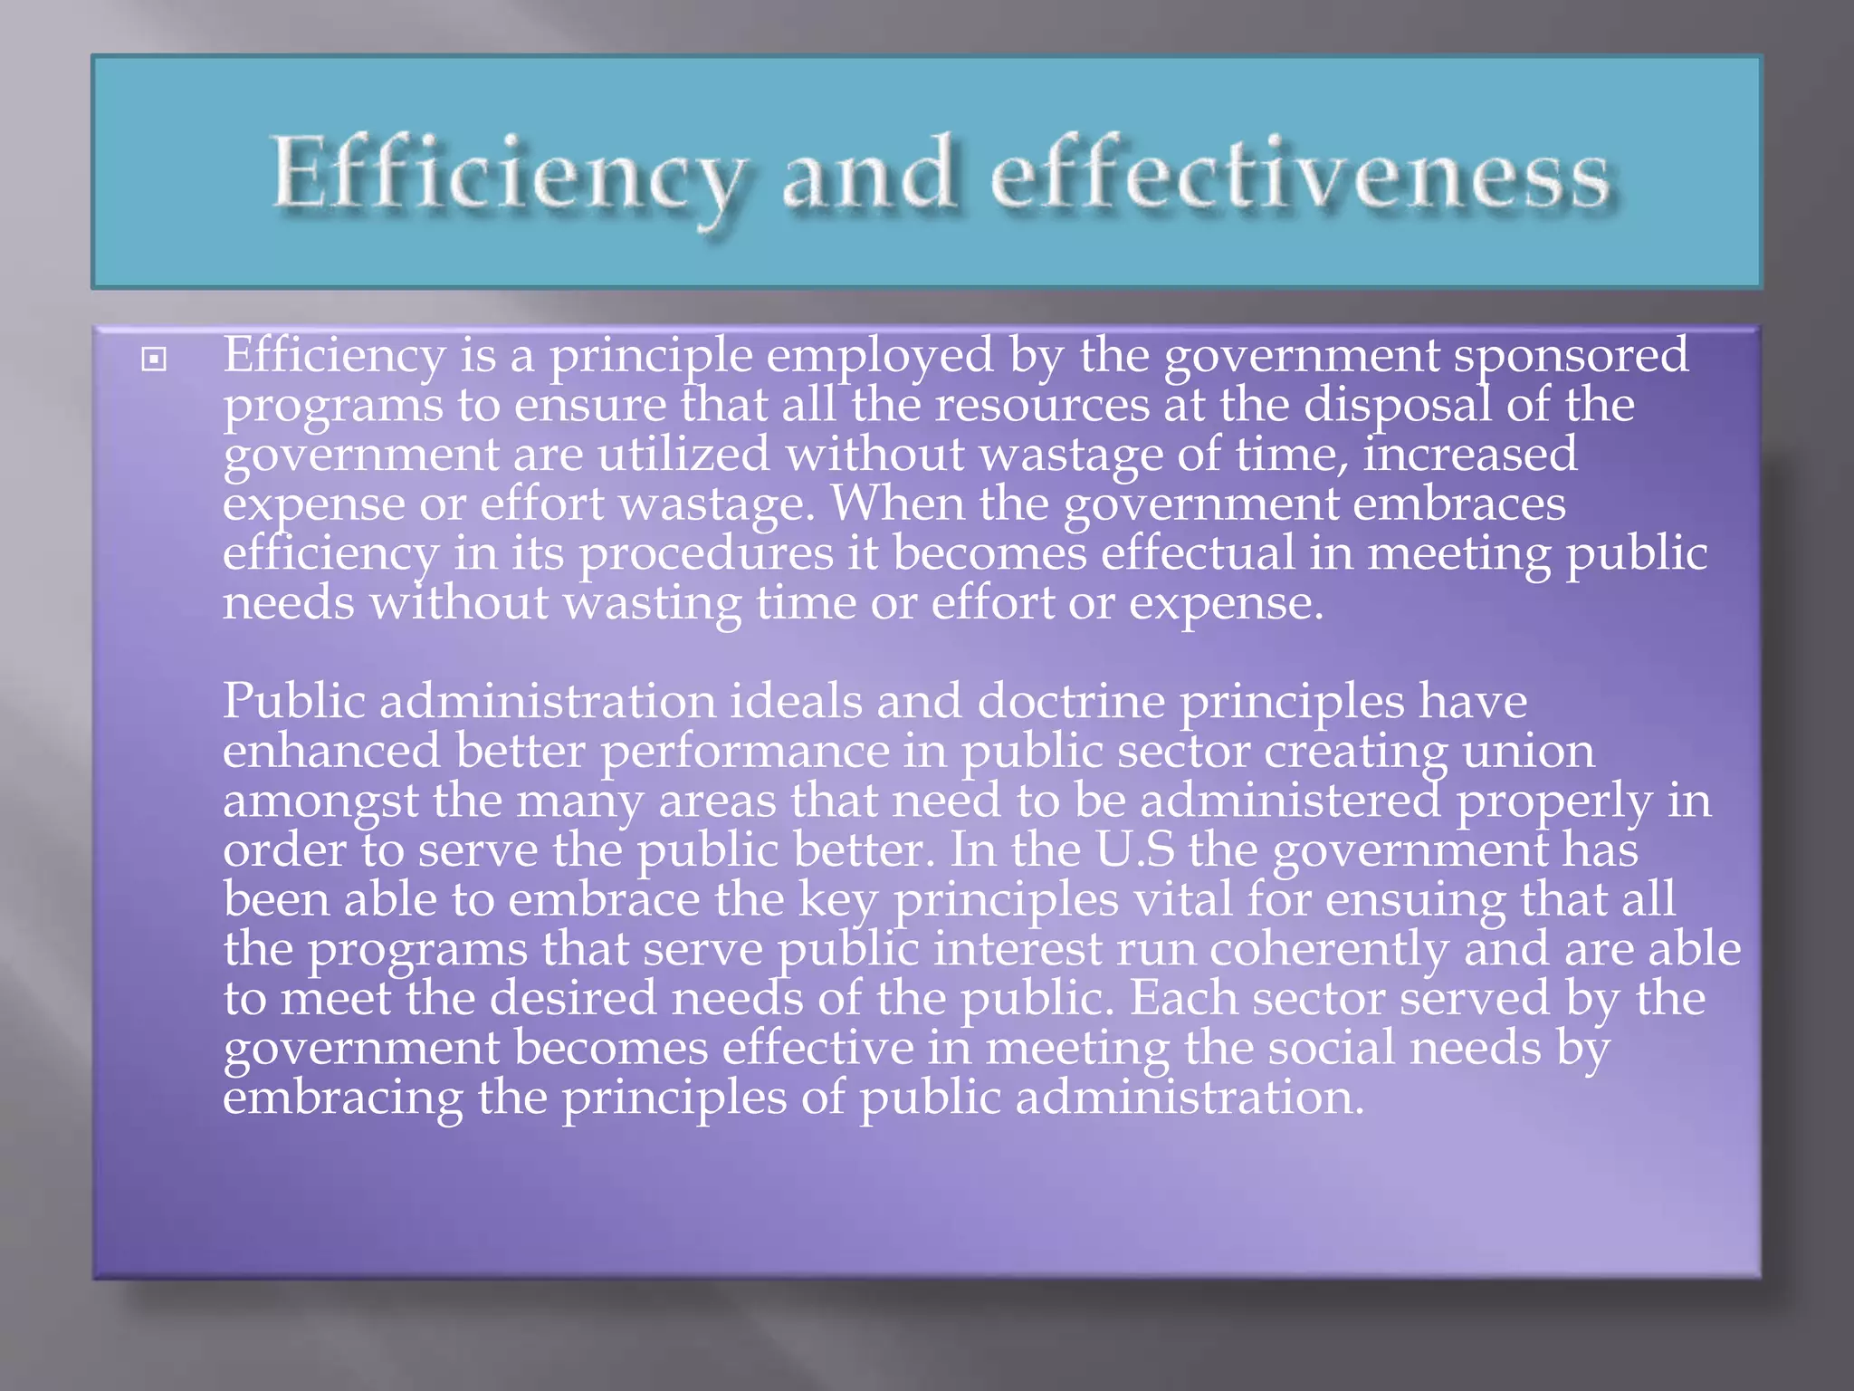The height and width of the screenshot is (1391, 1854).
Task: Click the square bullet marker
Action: tap(155, 360)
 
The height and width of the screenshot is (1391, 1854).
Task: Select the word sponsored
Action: tap(1571, 355)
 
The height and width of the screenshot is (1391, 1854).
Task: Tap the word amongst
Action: tap(320, 801)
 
